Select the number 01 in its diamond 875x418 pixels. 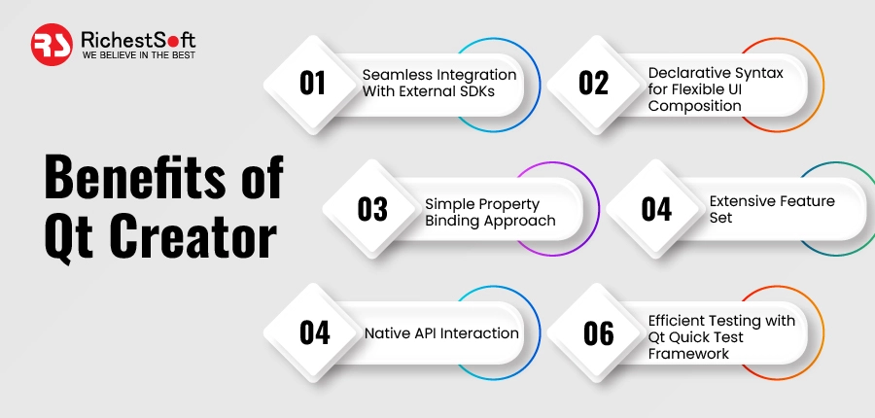pyautogui.click(x=312, y=84)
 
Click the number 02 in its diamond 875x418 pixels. pyautogui.click(x=593, y=84)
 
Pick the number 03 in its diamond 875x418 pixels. pyautogui.click(x=372, y=209)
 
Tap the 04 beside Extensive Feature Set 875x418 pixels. pyautogui.click(x=656, y=209)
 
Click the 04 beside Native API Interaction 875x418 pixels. pyautogui.click(x=314, y=333)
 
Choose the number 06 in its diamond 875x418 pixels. pyautogui.click(x=598, y=333)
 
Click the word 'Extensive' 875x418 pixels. pyautogui.click(x=744, y=201)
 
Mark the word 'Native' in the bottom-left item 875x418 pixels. pyautogui.click(x=387, y=333)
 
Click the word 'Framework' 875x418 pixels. pyautogui.click(x=689, y=354)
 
